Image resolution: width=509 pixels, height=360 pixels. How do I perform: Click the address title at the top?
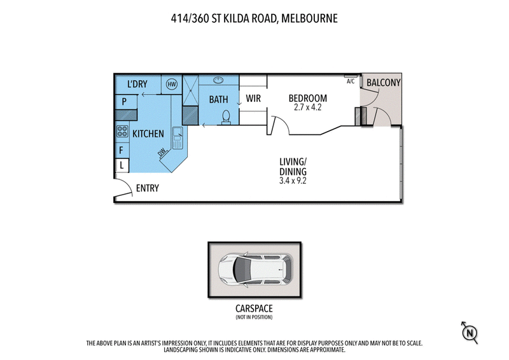point(254,18)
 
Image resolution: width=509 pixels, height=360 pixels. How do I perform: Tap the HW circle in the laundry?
point(171,84)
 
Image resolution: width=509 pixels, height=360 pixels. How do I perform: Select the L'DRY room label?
point(137,84)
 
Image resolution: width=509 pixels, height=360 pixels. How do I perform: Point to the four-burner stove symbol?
point(122,132)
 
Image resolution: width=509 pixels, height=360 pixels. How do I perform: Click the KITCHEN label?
point(148,134)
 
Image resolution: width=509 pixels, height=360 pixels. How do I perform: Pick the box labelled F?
point(121,151)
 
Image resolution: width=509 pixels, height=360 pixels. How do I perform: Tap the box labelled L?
point(121,165)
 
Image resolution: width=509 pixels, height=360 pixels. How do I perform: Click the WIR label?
point(254,99)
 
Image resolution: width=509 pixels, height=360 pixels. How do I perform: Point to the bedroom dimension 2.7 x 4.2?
point(308,108)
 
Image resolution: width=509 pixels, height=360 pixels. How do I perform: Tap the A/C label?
point(351,81)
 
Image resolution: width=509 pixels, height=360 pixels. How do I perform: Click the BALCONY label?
point(383,83)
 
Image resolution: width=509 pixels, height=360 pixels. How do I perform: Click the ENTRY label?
point(147,188)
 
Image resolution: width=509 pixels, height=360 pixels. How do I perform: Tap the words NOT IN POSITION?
point(254,317)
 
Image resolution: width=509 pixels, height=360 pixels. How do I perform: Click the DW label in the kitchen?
point(163,153)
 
